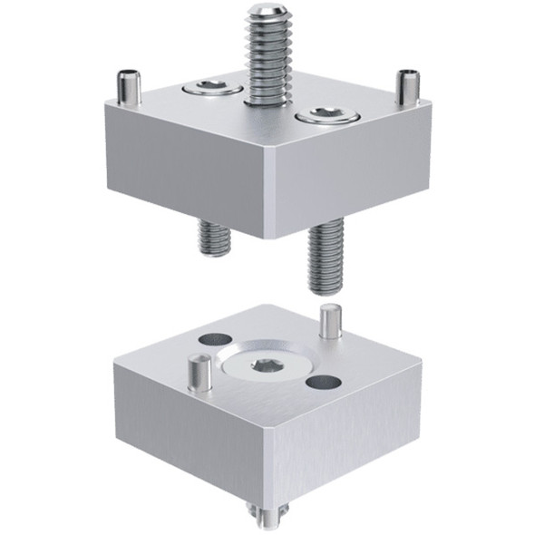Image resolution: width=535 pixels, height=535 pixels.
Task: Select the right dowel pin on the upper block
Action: click(408, 85)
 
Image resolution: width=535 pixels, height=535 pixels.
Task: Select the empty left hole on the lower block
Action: click(210, 338)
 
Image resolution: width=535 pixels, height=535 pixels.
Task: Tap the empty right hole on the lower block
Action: click(321, 383)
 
